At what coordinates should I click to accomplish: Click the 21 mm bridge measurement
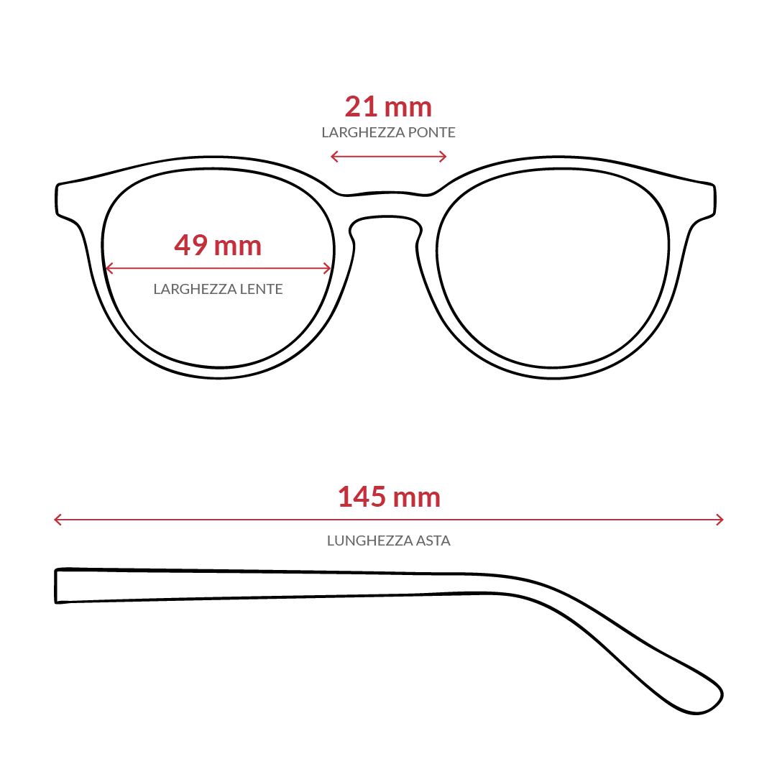coord(388,106)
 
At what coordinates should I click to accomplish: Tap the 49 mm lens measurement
coord(218,245)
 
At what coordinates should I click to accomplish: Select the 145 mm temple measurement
coord(389,497)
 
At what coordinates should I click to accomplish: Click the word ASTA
coord(433,540)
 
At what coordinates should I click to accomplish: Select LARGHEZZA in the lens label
coord(195,289)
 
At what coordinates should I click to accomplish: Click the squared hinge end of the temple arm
coord(56,587)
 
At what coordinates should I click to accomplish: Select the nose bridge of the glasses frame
coord(386,204)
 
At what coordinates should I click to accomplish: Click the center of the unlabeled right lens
coord(553,268)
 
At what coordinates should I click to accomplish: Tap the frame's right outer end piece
coord(706,200)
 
